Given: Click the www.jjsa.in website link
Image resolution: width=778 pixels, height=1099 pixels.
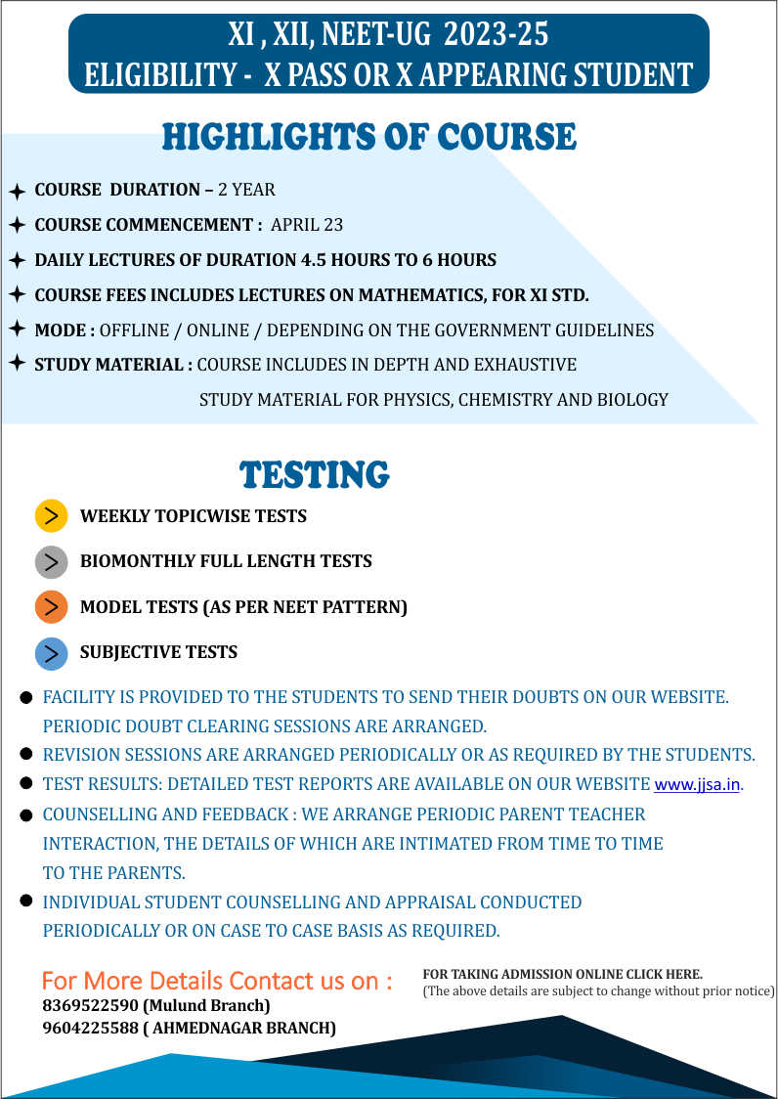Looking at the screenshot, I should point(697,785).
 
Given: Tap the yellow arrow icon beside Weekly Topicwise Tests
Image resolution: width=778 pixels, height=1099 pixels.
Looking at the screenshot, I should point(51,515).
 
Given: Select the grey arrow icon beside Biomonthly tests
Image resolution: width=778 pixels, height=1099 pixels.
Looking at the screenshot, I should point(51,561).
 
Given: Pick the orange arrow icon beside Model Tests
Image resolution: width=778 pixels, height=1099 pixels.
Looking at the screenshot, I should point(51,607).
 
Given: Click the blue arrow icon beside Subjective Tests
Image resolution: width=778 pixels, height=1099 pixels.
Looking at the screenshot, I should point(51,652).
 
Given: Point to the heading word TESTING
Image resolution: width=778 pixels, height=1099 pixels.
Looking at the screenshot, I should point(315,475).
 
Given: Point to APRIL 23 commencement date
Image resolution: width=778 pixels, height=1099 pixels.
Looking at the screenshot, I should point(307,225).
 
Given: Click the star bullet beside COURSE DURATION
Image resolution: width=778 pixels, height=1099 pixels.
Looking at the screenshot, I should point(17,191).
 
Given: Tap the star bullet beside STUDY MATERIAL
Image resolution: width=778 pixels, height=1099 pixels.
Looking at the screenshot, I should point(17,364).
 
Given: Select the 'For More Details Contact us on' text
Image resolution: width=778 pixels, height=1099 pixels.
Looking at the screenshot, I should point(217,981).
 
